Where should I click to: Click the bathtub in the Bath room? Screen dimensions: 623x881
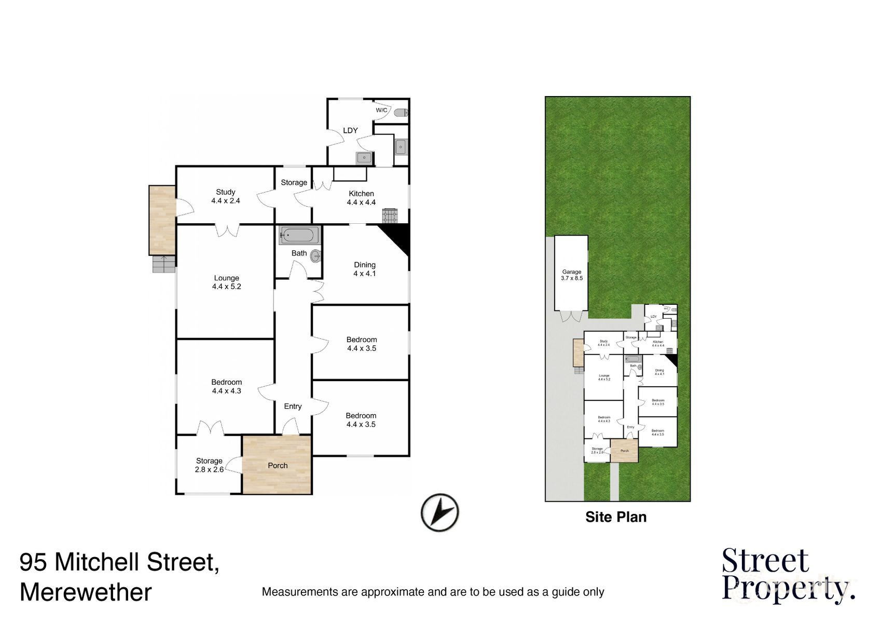click(299, 236)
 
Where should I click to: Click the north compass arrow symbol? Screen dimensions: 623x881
click(439, 512)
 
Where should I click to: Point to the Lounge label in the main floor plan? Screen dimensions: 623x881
click(226, 278)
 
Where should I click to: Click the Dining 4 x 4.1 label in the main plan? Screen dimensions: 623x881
click(364, 269)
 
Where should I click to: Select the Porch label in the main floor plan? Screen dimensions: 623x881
click(278, 466)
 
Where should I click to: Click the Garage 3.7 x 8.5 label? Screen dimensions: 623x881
click(571, 275)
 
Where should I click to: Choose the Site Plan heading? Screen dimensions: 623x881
click(616, 517)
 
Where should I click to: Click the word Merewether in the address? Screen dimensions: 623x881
click(86, 592)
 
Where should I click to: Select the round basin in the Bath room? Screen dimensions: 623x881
click(315, 255)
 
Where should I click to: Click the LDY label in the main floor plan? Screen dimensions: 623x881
click(350, 131)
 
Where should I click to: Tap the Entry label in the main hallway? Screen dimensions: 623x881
click(293, 407)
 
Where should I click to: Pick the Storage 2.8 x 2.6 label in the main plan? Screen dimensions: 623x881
click(209, 465)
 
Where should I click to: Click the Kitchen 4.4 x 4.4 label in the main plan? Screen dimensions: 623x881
click(361, 198)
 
